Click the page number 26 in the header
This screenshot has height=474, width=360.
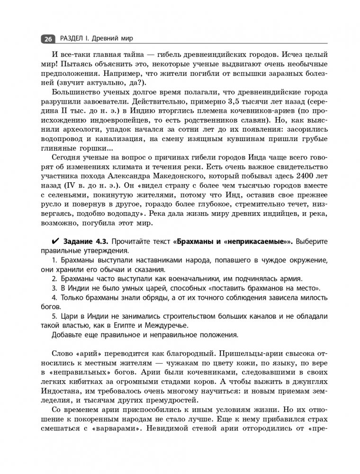point(49,39)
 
